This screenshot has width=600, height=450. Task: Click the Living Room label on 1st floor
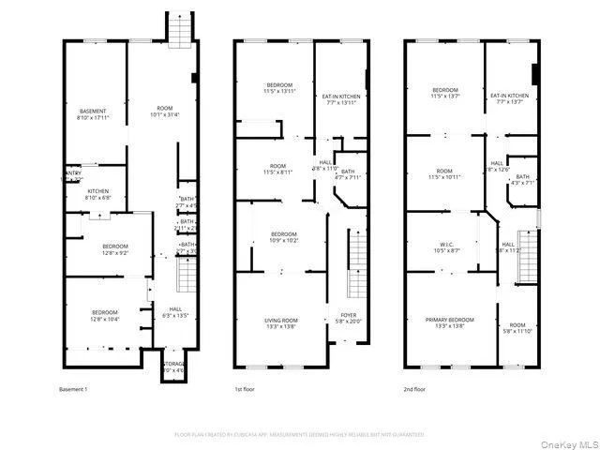280,323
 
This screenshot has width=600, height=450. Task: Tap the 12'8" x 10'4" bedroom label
104,315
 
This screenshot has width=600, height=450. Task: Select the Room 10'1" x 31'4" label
163,112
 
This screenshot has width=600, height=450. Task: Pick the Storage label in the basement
175,367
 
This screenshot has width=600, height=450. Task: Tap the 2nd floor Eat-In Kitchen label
509,98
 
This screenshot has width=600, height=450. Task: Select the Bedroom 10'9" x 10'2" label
284,237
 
